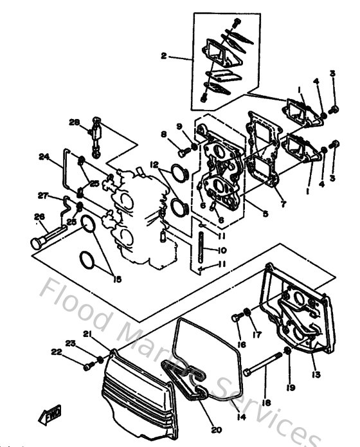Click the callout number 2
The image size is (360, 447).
(x=164, y=57)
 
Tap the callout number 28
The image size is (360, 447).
(x=75, y=122)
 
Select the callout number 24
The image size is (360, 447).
(x=44, y=156)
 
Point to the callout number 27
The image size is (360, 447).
(x=43, y=196)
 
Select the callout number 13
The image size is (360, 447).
(x=316, y=374)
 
